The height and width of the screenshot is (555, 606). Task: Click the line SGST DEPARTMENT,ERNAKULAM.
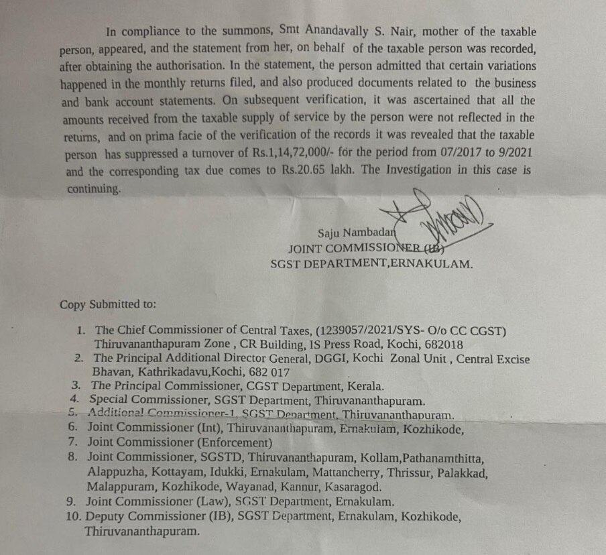[371, 264]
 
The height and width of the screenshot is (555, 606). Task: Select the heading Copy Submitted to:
[108, 304]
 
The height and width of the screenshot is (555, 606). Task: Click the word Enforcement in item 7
[232, 442]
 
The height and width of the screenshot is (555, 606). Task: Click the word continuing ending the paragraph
[93, 188]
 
